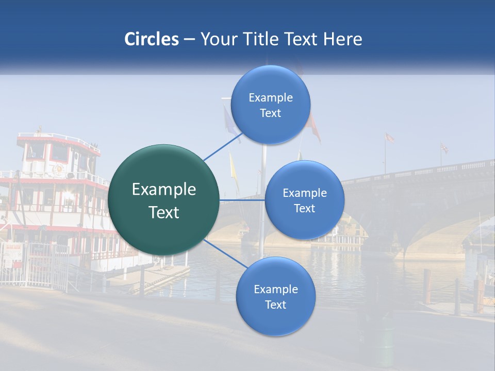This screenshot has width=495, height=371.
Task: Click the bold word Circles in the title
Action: tap(151, 39)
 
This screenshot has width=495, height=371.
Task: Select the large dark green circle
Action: tap(163, 200)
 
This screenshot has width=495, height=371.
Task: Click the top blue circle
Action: tap(270, 105)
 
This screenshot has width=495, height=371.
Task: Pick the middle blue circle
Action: tap(304, 200)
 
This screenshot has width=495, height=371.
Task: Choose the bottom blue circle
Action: tap(275, 296)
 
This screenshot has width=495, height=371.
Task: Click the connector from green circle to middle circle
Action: tap(242, 200)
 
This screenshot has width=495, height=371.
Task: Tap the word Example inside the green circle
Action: tap(163, 190)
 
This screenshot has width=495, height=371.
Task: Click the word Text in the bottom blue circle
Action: tap(275, 305)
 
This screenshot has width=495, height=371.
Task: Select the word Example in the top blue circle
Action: tap(270, 97)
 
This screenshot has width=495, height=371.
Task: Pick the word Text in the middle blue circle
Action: tap(304, 208)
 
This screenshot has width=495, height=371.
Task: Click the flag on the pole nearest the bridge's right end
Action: tap(444, 148)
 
